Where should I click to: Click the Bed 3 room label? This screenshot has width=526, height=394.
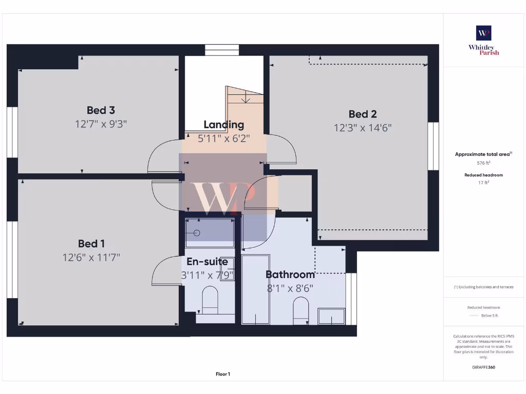[101, 110]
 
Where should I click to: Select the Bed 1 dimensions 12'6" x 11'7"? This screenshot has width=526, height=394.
[91, 258]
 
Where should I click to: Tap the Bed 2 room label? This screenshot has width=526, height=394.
[363, 114]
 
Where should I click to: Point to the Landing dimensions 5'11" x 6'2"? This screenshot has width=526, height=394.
[223, 138]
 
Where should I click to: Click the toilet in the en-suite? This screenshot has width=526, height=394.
[210, 300]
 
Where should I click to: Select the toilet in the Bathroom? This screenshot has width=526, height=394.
[300, 310]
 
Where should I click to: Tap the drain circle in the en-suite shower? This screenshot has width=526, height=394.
[197, 233]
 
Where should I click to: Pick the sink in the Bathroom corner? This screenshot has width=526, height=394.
[331, 316]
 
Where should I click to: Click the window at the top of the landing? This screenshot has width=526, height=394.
[222, 50]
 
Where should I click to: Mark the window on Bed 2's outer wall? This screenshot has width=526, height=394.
[434, 146]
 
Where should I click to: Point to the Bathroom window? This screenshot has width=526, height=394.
[351, 299]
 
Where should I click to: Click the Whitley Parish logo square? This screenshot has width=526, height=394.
[483, 33]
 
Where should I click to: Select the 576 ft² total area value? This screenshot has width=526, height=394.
[483, 163]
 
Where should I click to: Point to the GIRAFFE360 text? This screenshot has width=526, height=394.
[483, 367]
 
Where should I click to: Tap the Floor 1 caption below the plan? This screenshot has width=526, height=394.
[223, 374]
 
